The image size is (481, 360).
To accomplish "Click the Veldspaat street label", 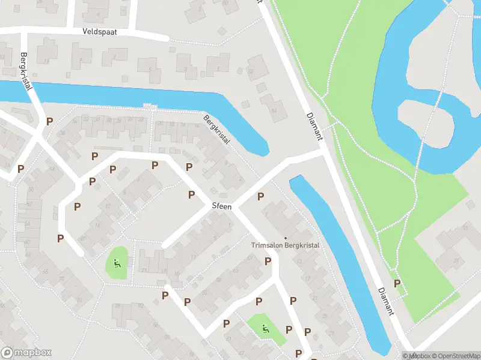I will tap(100, 31).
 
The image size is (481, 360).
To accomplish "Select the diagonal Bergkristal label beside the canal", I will tap(217, 129).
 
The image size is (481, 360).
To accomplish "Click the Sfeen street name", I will tap(221, 206).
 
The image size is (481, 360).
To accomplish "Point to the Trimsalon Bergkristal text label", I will tap(285, 245).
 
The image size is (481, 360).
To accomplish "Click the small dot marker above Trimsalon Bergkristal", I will tap(286, 238).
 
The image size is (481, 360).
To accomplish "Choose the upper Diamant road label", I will tap(314, 126).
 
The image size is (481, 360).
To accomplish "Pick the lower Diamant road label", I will tap(387, 300).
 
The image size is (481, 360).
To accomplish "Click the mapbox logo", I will tap(26, 353).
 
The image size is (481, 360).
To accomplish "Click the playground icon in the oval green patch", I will tap(117, 262).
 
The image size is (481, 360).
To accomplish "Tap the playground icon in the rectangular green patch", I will tap(265, 328).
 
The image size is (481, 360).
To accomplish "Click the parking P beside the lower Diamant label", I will tap(397, 284).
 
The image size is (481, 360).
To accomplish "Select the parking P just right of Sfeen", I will tap(260, 196).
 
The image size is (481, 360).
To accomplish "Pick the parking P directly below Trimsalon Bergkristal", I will tap(268, 261).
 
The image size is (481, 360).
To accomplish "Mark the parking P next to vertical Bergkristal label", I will tap(49, 121).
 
